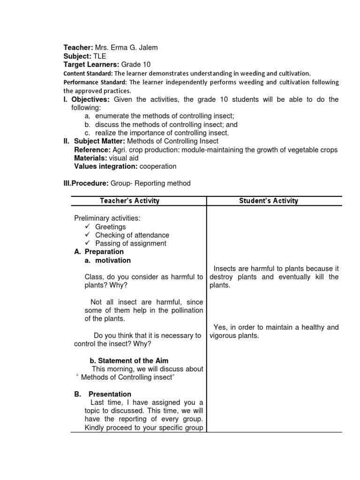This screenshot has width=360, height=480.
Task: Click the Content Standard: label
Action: point(88,73)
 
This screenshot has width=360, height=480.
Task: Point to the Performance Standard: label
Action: point(94,82)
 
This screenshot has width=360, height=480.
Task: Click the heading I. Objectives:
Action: point(87,99)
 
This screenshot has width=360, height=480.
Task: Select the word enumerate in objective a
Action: point(113,116)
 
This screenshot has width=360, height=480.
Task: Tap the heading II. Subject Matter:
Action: point(94,141)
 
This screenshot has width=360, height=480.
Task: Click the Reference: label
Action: point(92,150)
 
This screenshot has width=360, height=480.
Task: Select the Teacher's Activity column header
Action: point(130,201)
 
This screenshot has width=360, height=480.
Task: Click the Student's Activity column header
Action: point(269,201)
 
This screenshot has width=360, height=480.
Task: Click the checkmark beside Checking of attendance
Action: point(87,235)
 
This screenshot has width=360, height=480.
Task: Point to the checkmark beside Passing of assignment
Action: point(87,243)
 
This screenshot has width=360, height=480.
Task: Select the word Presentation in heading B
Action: point(110,394)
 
